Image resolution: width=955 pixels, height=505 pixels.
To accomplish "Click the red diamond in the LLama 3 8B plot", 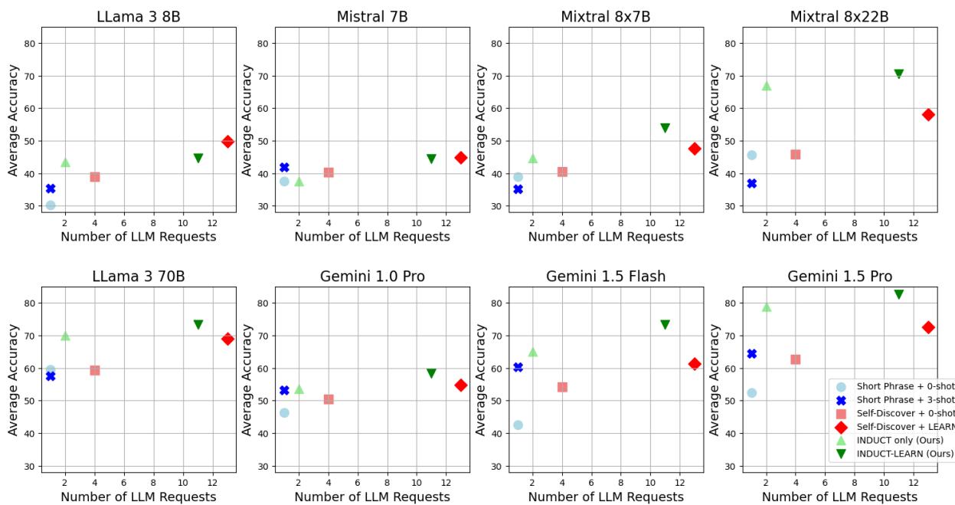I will [227, 142].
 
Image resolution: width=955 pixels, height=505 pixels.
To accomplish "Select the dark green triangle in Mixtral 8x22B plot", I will [899, 74].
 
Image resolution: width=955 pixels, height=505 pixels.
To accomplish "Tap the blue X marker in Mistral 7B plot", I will [284, 167].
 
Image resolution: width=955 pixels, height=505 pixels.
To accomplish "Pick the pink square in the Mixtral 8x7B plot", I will [562, 172].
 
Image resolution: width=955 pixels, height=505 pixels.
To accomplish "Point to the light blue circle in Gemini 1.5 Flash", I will [518, 425].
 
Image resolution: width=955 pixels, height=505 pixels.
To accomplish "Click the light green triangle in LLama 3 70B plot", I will [65, 336].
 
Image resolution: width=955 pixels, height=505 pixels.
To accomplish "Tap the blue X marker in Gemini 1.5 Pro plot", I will [751, 353].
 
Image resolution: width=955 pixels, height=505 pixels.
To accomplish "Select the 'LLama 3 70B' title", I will [139, 277].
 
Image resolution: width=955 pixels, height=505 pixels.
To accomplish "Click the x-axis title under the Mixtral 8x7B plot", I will [606, 237].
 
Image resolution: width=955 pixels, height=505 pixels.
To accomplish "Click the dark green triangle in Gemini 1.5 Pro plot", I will [899, 294].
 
